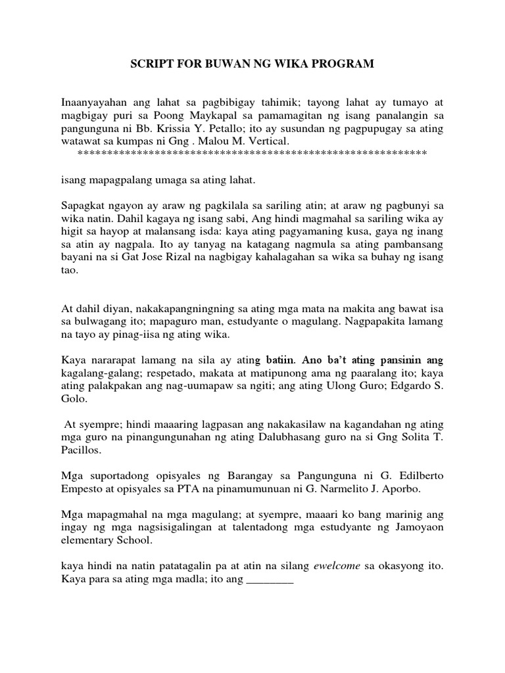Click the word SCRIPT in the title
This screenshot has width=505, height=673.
tap(151, 64)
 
